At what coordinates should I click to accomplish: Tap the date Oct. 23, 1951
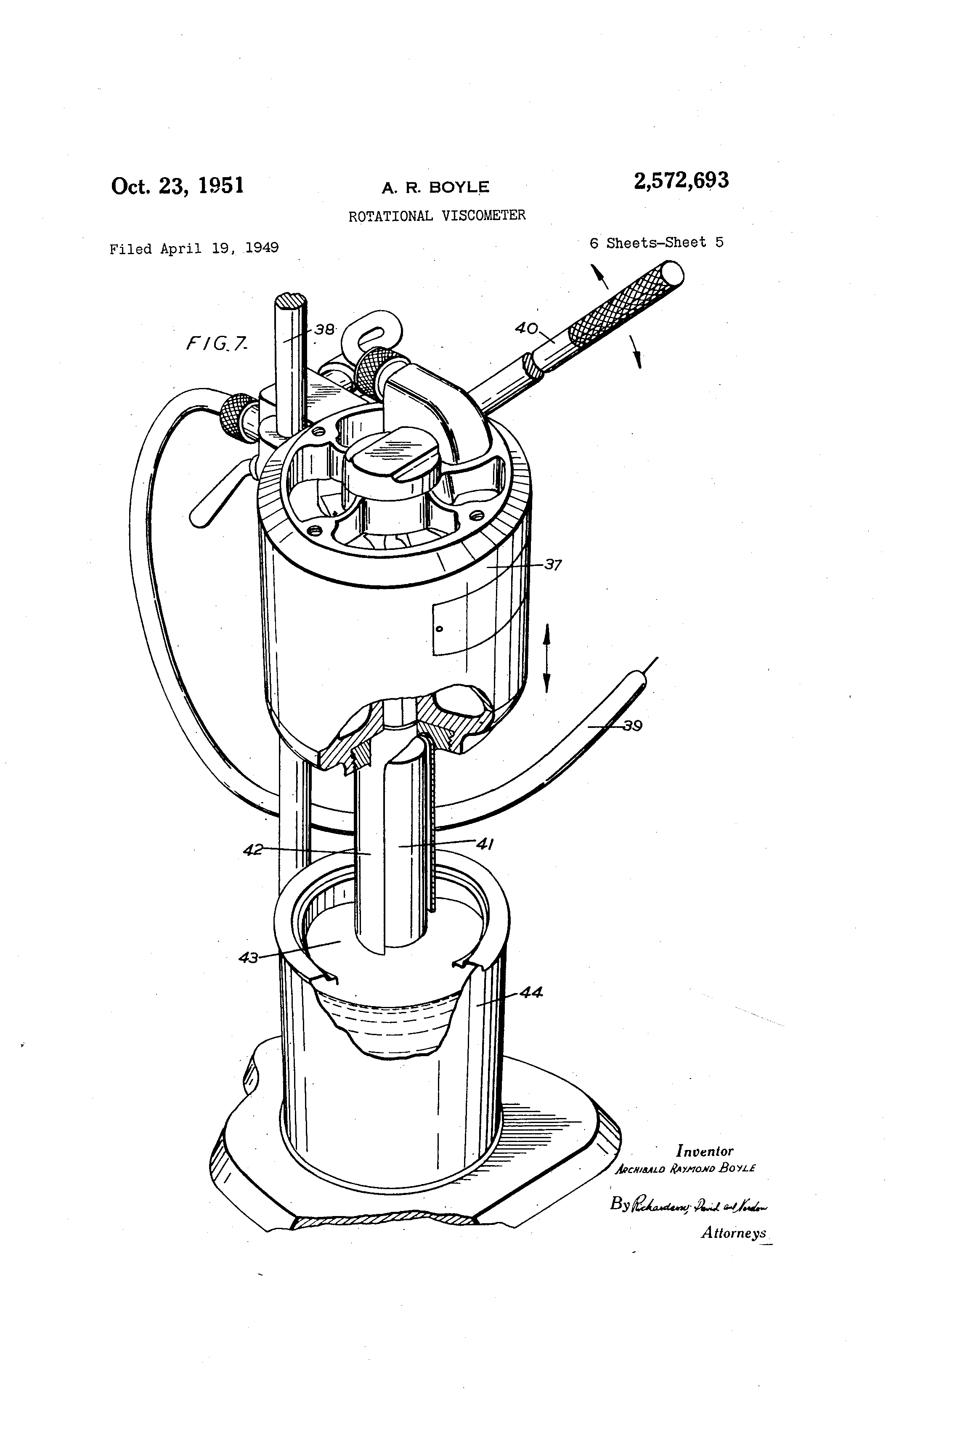[x=177, y=186]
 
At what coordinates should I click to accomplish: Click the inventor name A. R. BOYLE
[x=435, y=188]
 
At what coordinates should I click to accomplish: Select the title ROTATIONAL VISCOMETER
[x=437, y=215]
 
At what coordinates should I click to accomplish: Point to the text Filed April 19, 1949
[x=194, y=248]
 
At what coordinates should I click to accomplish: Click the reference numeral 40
[x=526, y=328]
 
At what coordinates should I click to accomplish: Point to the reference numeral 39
[x=631, y=726]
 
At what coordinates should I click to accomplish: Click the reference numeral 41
[x=484, y=844]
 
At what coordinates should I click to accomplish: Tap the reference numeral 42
[x=253, y=850]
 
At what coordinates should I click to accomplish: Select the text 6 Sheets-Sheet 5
[x=656, y=242]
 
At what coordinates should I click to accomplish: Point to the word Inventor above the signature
[x=705, y=1151]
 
